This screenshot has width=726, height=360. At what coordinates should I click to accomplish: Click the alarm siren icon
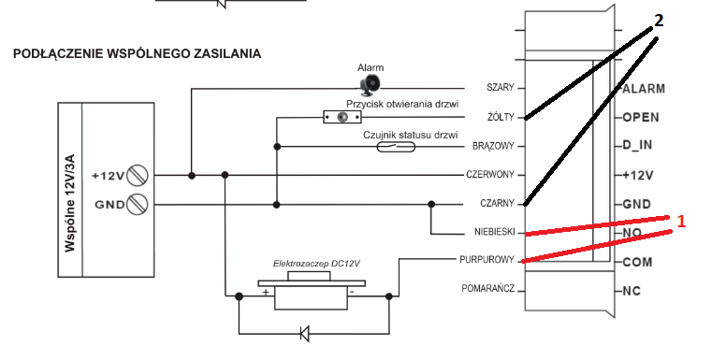pyautogui.click(x=370, y=83)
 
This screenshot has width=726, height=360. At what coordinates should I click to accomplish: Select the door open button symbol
pyautogui.click(x=342, y=117)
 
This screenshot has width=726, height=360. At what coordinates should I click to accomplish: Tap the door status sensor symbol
pyautogui.click(x=396, y=147)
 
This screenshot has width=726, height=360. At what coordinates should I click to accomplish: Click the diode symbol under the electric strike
pyautogui.click(x=304, y=333)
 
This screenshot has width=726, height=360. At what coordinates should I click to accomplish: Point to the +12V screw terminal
pyautogui.click(x=138, y=176)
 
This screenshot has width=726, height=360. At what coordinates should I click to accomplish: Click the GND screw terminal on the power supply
pyautogui.click(x=138, y=204)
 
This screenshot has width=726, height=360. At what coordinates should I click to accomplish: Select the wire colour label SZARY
pyautogui.click(x=501, y=88)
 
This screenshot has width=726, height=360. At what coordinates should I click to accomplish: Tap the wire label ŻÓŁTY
pyautogui.click(x=501, y=117)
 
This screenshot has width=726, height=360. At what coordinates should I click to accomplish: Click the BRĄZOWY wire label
pyautogui.click(x=494, y=146)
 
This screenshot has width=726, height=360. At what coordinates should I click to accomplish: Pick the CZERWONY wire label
pyautogui.click(x=490, y=175)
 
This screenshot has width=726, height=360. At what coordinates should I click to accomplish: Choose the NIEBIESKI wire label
pyautogui.click(x=495, y=233)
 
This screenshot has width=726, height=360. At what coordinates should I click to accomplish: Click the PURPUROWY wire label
pyautogui.click(x=486, y=260)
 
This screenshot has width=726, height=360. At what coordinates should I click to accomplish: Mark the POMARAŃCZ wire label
pyautogui.click(x=488, y=289)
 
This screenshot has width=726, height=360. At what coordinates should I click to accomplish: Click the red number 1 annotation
pyautogui.click(x=681, y=222)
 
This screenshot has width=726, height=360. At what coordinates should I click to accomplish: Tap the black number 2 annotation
pyautogui.click(x=659, y=21)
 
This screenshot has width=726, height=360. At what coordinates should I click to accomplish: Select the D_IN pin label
pyautogui.click(x=637, y=146)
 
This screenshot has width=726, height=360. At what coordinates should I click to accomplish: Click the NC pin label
pyautogui.click(x=632, y=292)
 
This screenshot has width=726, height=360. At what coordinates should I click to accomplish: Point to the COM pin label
pyautogui.click(x=637, y=263)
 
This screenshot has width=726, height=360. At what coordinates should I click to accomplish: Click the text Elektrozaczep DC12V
pyautogui.click(x=317, y=265)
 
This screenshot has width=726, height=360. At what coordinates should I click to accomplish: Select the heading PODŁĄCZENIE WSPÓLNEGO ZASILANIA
pyautogui.click(x=137, y=53)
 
